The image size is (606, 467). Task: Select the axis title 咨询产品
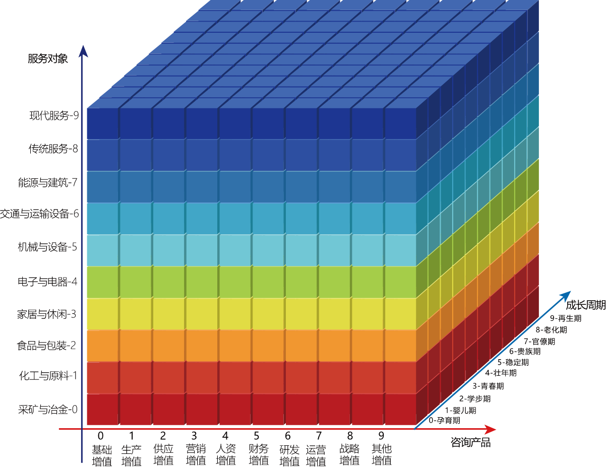click(x=470, y=443)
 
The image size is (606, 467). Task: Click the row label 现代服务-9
click(x=54, y=115)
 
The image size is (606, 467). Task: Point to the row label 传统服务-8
click(x=54, y=149)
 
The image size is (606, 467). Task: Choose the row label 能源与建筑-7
click(x=48, y=182)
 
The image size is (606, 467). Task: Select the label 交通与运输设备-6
click(x=40, y=214)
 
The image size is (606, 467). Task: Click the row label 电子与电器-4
click(x=48, y=281)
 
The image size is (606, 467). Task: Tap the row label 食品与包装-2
click(x=47, y=345)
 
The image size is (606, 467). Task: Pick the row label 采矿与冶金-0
click(x=48, y=409)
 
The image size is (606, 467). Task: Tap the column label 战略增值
click(x=349, y=454)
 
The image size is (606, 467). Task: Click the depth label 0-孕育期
click(x=444, y=420)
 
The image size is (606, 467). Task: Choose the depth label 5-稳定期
click(x=513, y=362)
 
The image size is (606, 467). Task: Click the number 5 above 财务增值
click(x=257, y=436)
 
